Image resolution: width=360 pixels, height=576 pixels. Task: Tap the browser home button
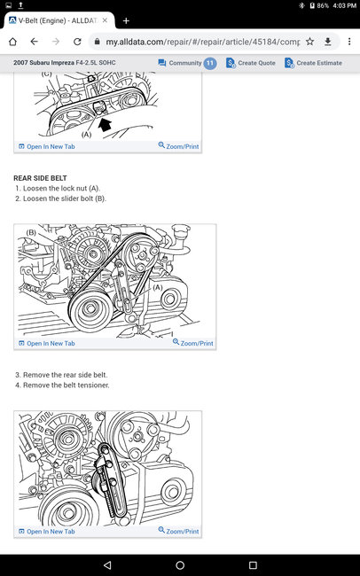tap(12, 42)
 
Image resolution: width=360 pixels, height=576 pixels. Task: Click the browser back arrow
tap(35, 42)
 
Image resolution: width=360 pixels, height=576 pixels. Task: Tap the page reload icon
tap(77, 42)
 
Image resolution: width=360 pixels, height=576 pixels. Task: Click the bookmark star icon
tap(310, 42)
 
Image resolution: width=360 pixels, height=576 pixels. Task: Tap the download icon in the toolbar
tap(328, 42)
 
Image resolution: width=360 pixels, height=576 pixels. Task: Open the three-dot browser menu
tap(349, 42)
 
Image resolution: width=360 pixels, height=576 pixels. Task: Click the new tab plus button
tap(126, 21)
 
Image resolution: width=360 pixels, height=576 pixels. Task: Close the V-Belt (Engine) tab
tap(105, 20)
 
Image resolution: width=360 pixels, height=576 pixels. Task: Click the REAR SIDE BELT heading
tap(40, 178)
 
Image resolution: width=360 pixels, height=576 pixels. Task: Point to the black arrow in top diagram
tap(105, 125)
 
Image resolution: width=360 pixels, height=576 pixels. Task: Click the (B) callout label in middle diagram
tap(31, 232)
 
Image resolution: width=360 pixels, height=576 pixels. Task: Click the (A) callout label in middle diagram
tap(157, 287)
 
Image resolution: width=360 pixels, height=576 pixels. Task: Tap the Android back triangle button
tap(107, 565)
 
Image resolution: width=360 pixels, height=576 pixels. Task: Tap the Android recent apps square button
tap(253, 565)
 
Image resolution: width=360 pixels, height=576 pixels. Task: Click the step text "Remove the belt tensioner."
tap(67, 385)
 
